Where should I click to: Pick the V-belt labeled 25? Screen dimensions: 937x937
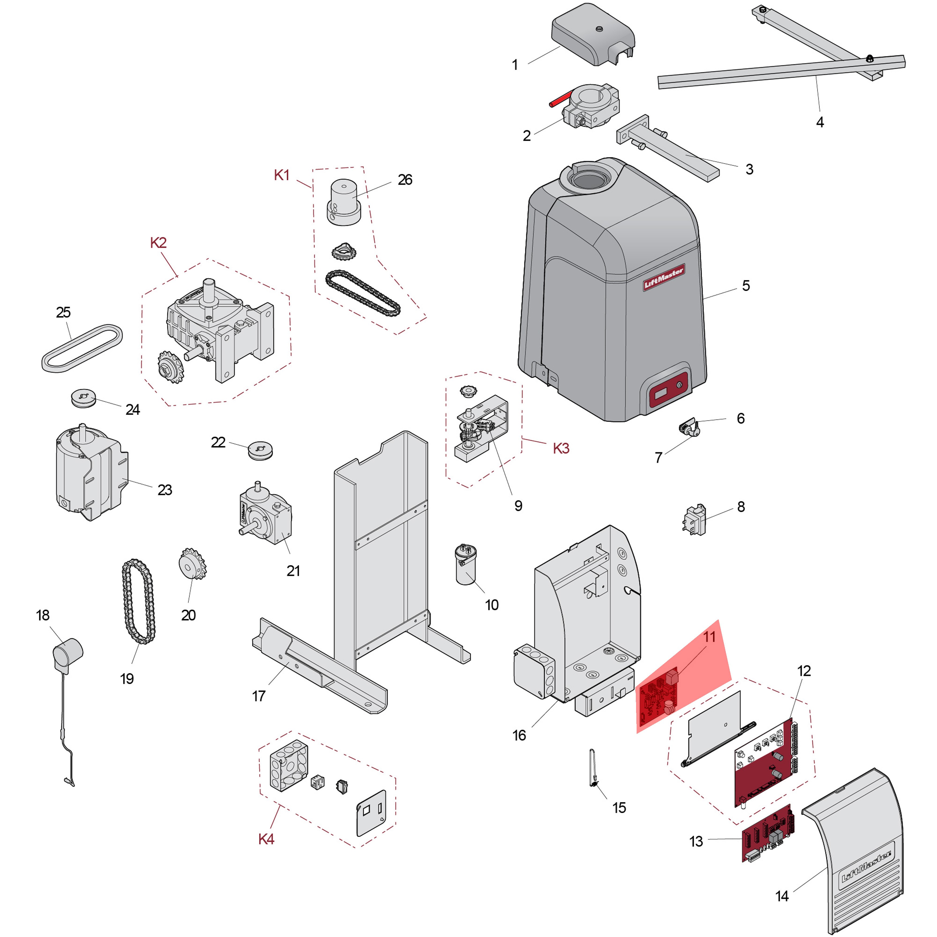[81, 349]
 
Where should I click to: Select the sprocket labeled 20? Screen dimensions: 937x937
[192, 564]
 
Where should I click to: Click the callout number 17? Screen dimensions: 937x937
[259, 696]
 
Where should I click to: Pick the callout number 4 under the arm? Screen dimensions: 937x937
[820, 122]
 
